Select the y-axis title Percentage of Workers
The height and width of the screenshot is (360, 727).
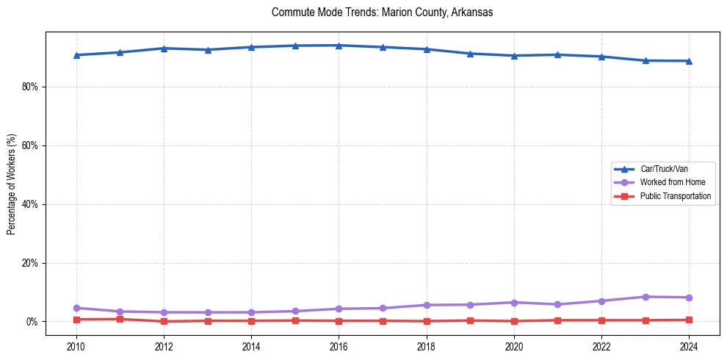[11, 184]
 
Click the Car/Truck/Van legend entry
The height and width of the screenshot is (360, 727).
[664, 169]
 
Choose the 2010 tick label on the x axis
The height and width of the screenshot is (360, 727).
[76, 347]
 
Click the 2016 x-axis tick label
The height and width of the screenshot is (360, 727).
[339, 347]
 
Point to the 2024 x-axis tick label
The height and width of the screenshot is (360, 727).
[689, 347]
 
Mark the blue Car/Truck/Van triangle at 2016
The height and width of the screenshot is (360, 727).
[339, 46]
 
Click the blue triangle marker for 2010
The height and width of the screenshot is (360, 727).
[76, 55]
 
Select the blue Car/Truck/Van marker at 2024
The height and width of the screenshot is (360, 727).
[689, 61]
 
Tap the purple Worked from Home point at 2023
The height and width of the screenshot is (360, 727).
[645, 297]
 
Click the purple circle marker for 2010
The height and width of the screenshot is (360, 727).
[76, 308]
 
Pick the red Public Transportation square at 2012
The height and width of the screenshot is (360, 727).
[164, 321]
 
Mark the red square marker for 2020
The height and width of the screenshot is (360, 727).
[514, 321]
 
